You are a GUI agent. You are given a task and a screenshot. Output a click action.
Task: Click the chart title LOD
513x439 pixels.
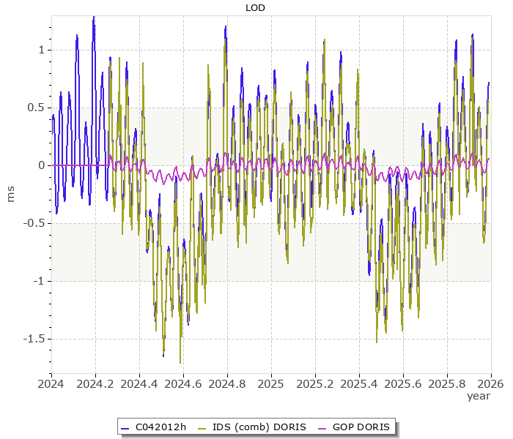tap(255, 8)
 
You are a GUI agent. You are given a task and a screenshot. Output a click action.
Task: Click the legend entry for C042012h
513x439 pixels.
tap(161, 427)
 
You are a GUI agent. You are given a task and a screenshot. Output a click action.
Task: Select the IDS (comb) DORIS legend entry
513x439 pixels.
tap(259, 427)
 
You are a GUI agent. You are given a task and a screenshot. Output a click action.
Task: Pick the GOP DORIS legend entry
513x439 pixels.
tap(361, 427)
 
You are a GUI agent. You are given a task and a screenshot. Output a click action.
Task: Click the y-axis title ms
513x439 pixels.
tap(10, 194)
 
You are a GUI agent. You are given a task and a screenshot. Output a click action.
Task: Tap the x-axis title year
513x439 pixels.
tap(479, 396)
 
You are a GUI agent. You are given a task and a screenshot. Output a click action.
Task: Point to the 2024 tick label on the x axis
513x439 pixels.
tap(51, 383)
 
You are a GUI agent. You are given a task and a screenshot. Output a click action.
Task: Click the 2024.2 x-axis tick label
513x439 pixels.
tap(95, 383)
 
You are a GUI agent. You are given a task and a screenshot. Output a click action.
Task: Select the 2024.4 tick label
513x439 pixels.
tap(139, 383)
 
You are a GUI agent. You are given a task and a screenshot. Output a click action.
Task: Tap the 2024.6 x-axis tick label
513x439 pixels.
tap(183, 383)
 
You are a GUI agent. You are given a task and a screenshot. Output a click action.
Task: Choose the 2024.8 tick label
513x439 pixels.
tap(227, 383)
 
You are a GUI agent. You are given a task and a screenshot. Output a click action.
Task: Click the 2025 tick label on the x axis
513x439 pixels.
tap(271, 383)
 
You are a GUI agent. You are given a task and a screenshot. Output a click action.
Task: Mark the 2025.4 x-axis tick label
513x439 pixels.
tap(359, 383)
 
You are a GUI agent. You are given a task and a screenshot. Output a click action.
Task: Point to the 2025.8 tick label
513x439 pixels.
tap(447, 383)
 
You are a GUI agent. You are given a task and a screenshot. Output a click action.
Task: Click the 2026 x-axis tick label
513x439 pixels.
tap(490, 383)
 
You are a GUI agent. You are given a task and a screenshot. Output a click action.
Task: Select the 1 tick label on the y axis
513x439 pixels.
tap(41, 50)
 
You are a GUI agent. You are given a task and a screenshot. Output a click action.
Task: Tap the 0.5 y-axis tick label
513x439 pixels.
tap(36, 108)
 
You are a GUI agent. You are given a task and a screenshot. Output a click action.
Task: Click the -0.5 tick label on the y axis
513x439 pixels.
tap(34, 223)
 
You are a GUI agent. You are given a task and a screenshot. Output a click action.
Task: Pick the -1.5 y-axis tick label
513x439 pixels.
tap(34, 339)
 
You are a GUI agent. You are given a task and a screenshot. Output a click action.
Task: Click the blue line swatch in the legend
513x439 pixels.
tap(125, 427)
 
